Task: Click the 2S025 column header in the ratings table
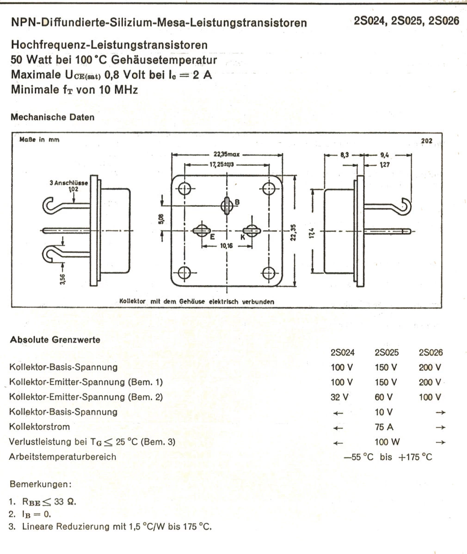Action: [x=387, y=353]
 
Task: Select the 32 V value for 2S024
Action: [x=340, y=397]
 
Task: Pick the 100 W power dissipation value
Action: [x=387, y=442]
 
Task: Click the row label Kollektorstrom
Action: [x=40, y=427]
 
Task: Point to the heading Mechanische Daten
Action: [x=52, y=117]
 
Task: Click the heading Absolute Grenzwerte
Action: [x=55, y=340]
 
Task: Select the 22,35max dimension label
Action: [x=226, y=155]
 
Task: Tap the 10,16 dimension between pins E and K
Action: [x=227, y=246]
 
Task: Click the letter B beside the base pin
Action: [x=237, y=202]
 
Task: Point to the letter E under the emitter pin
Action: [x=212, y=237]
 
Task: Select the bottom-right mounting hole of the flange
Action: [x=269, y=273]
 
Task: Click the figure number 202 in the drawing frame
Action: [x=427, y=140]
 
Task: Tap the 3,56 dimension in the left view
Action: [x=63, y=279]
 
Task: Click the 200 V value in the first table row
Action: [x=430, y=367]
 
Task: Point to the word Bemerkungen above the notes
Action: [x=40, y=485]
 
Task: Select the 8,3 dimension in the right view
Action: [x=344, y=156]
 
